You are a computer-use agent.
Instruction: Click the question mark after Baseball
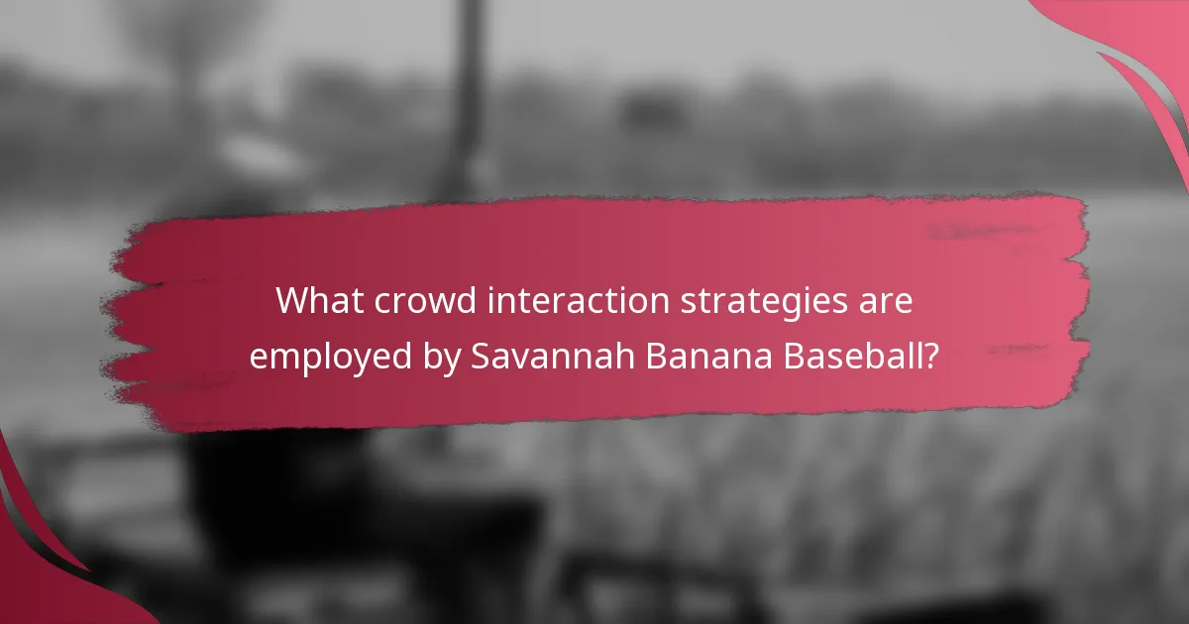point(929,356)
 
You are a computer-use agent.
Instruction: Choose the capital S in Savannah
point(481,356)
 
